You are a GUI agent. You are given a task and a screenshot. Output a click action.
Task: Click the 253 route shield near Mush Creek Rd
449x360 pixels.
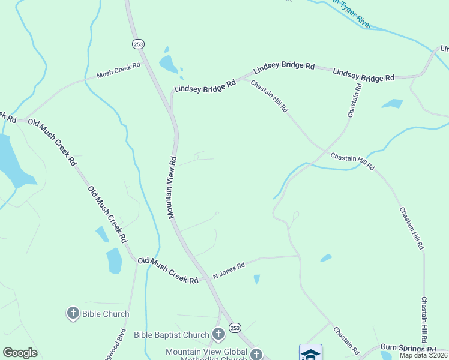pos(138,44)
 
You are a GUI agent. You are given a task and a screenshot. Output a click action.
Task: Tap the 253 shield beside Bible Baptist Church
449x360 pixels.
pos(235,328)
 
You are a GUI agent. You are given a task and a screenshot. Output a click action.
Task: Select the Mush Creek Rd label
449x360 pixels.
pos(118,70)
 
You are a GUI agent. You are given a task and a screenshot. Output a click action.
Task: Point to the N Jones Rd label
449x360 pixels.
pos(229,271)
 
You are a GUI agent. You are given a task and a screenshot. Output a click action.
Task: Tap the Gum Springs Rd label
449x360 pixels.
pos(408,349)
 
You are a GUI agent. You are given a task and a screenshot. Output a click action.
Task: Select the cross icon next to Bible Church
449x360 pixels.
pos(73,313)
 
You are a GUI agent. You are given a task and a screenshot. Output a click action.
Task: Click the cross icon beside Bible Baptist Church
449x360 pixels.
pos(218,334)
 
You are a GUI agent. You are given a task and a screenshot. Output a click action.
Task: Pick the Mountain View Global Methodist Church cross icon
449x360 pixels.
pos(256,354)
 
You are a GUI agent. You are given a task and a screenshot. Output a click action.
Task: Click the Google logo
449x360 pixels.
pos(20,353)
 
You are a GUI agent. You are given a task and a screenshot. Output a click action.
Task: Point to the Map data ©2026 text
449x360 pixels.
pos(423,355)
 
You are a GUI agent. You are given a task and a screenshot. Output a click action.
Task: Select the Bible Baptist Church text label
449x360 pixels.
pos(171,335)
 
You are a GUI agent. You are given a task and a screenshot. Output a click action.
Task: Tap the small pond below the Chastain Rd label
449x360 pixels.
pos(392,104)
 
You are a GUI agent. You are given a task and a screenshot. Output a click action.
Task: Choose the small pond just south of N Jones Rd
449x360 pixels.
pos(257,279)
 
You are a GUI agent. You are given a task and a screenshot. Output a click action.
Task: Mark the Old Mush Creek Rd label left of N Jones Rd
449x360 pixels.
pos(167,271)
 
